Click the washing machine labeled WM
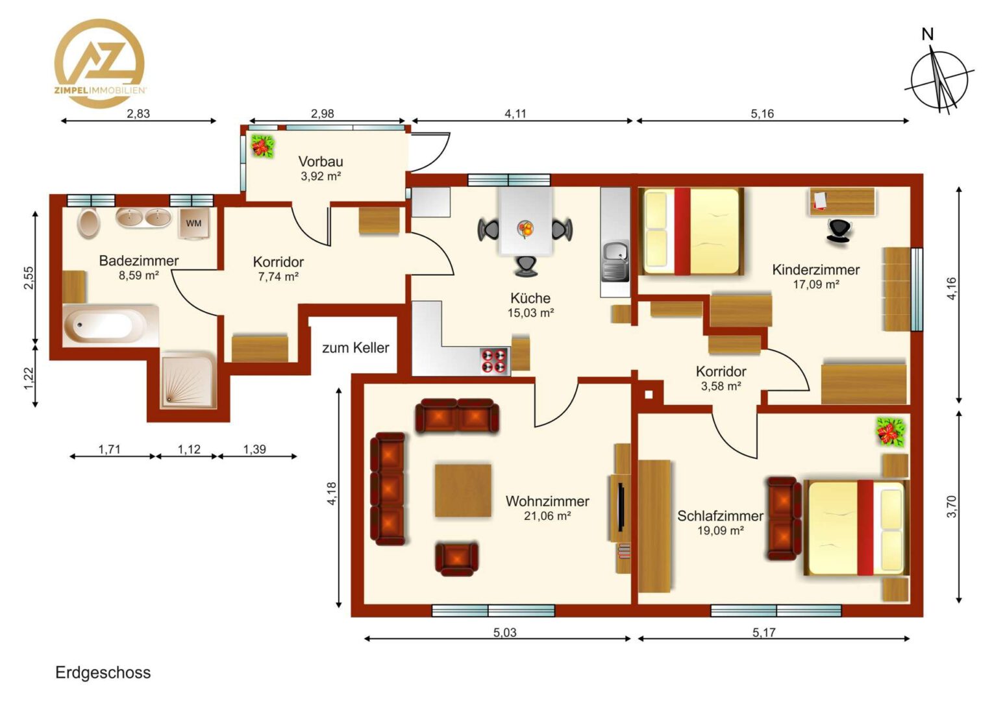(x=194, y=223)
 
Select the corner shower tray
(x=188, y=380)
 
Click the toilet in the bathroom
(x=89, y=223)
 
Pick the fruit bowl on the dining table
(x=526, y=229)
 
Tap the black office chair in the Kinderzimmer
(x=839, y=231)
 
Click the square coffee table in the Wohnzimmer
(x=464, y=491)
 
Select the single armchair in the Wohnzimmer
(x=456, y=559)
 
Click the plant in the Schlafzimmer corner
(x=891, y=432)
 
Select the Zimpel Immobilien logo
(x=99, y=64)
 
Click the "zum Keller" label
(x=356, y=348)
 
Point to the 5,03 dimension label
(x=505, y=632)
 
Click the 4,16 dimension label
(x=951, y=289)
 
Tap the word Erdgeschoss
(x=103, y=672)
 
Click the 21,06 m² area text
(x=547, y=516)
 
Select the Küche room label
(x=530, y=298)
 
